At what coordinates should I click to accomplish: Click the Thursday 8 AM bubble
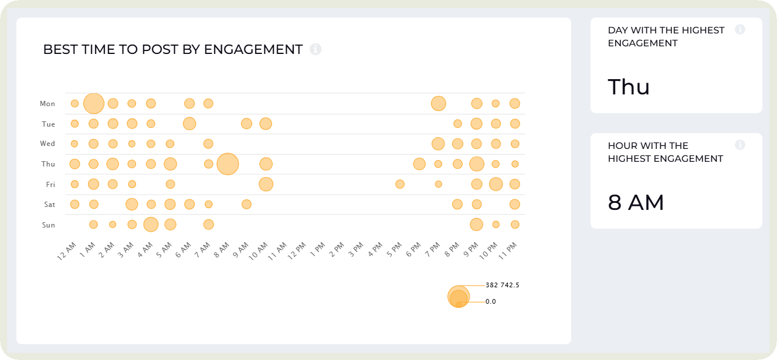(x=228, y=164)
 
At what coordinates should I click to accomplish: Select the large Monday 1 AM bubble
(x=94, y=104)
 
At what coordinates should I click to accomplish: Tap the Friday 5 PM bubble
(x=400, y=184)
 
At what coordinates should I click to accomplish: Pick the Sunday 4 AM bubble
(x=151, y=225)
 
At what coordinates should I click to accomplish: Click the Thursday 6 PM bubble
(x=419, y=164)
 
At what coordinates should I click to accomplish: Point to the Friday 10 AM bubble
(x=266, y=184)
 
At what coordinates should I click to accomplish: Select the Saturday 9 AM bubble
(x=246, y=204)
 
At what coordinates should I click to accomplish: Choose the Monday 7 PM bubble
(x=438, y=104)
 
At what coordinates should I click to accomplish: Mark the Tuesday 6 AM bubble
(x=189, y=124)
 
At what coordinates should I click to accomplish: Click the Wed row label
(x=47, y=144)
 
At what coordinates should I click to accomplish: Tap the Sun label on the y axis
(x=48, y=225)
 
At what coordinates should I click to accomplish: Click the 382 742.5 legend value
(x=503, y=285)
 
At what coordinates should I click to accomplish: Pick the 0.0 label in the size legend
(x=491, y=301)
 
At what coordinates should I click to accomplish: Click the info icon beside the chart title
(x=315, y=49)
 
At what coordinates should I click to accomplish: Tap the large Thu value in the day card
(x=629, y=87)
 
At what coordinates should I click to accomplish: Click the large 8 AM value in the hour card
(x=636, y=203)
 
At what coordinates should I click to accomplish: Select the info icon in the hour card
(x=740, y=145)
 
